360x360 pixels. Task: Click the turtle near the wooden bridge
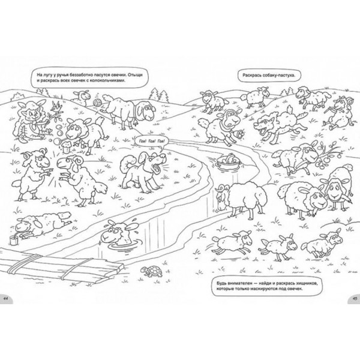point(152,271)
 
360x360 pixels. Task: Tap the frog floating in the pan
point(229,158)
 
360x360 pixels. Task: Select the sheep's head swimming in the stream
point(119,232)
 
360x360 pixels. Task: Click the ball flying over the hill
point(97,102)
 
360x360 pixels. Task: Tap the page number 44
point(5,298)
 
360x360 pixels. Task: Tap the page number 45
point(355,298)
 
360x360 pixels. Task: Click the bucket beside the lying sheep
point(13,240)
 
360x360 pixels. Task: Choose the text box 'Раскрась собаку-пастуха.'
point(268,75)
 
